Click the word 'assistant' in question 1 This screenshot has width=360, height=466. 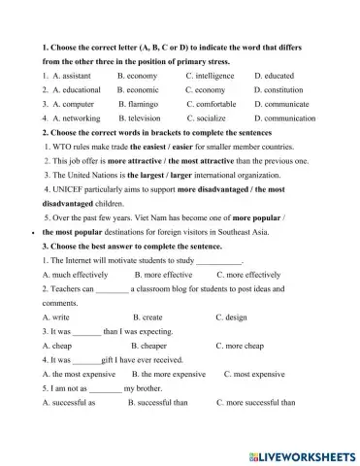click(x=78, y=74)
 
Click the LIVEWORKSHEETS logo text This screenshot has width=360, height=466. click(x=307, y=453)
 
